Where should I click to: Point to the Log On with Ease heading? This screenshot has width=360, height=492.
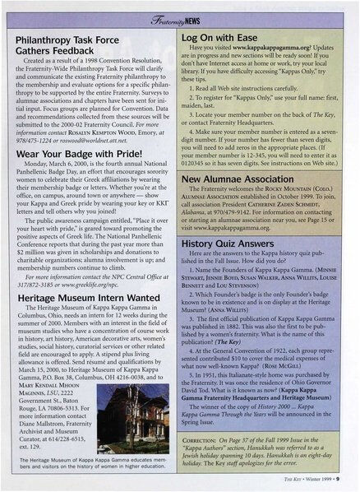(224, 37)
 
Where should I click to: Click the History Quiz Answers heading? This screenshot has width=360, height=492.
(233, 244)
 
